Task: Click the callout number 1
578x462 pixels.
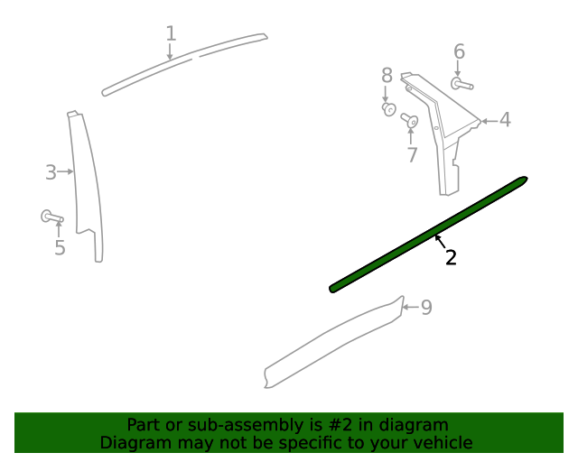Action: pyautogui.click(x=171, y=33)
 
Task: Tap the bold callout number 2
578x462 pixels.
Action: pyautogui.click(x=451, y=257)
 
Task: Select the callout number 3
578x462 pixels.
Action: pyautogui.click(x=51, y=172)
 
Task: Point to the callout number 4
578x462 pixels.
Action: pyautogui.click(x=505, y=120)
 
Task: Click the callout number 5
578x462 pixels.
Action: pyautogui.click(x=61, y=247)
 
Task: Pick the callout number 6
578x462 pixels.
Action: pyautogui.click(x=460, y=51)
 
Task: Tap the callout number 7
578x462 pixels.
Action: pyautogui.click(x=413, y=154)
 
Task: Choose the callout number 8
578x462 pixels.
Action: pyautogui.click(x=387, y=75)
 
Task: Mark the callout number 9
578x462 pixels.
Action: pyautogui.click(x=426, y=308)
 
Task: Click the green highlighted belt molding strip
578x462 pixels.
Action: pyautogui.click(x=428, y=235)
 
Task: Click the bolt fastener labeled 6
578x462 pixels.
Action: pyautogui.click(x=461, y=84)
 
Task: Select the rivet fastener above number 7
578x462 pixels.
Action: pyautogui.click(x=409, y=120)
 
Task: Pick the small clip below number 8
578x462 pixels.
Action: pyautogui.click(x=389, y=109)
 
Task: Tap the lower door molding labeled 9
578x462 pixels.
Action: pyautogui.click(x=334, y=342)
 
